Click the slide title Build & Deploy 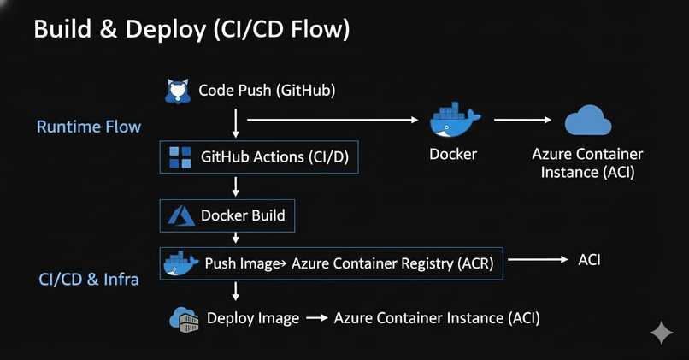[120, 30]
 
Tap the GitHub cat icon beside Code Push [178, 91]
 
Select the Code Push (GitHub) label [267, 91]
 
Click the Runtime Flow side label [89, 127]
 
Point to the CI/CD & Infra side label [89, 279]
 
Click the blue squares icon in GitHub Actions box [180, 157]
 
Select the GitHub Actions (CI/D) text [274, 157]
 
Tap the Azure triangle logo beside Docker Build [181, 215]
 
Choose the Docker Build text [243, 215]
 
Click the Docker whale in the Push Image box [180, 263]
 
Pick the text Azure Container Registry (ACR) [392, 263]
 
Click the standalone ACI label [589, 260]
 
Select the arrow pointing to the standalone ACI [538, 259]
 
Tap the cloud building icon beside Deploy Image [184, 319]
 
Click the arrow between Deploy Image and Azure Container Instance [317, 318]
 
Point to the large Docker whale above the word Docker [455, 120]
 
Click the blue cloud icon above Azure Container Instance [588, 120]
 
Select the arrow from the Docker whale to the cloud [522, 120]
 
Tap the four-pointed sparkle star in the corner [662, 333]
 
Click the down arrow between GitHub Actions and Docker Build [236, 186]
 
